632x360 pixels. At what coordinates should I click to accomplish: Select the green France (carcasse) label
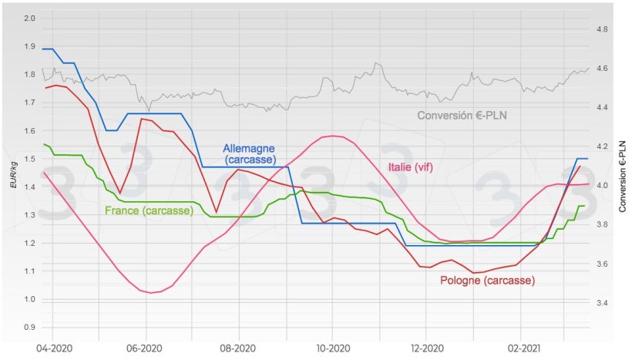pos(149,210)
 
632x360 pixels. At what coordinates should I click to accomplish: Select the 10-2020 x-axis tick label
pos(332,348)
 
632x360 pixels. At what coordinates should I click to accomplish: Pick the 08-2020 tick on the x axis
pos(238,348)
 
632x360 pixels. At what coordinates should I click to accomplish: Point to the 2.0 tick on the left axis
pos(30,18)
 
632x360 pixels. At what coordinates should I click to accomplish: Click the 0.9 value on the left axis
pos(30,328)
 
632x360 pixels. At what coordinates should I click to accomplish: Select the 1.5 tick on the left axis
pos(30,159)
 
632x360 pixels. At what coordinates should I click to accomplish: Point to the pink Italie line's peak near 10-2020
pos(332,136)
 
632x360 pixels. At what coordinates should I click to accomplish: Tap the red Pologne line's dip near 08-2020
pos(217,212)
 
